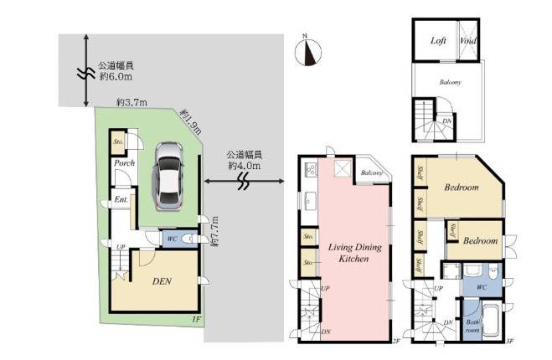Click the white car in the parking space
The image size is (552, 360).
tap(168, 177)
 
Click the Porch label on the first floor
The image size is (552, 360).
tap(125, 163)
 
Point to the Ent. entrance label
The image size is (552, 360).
tap(121, 199)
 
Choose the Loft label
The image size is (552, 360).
tap(438, 41)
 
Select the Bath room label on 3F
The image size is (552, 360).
tap(472, 325)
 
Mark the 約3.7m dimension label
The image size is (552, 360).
tap(132, 102)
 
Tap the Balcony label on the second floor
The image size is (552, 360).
tap(371, 173)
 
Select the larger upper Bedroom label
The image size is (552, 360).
tap(461, 188)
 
